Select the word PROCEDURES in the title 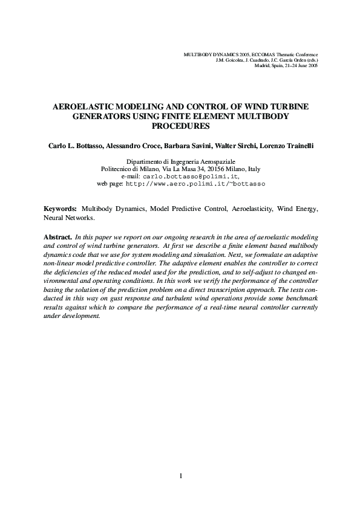tap(180, 126)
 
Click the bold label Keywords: tap(61, 209)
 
